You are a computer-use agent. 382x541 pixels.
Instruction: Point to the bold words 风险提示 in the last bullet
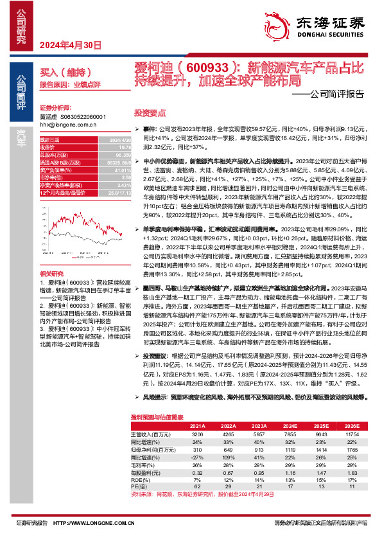point(155,398)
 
